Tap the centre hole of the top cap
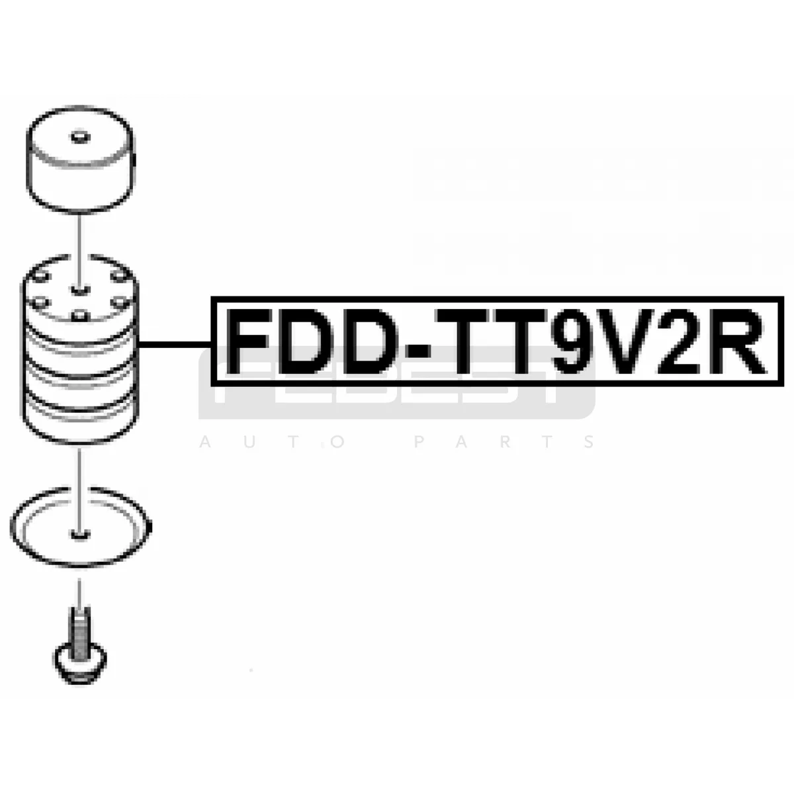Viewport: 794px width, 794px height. (x=79, y=138)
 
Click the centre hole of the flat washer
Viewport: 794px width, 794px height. (x=79, y=532)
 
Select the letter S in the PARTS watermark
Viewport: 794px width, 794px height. (x=590, y=441)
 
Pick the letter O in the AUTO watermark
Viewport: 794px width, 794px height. (x=338, y=441)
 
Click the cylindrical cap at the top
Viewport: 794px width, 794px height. (x=81, y=162)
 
